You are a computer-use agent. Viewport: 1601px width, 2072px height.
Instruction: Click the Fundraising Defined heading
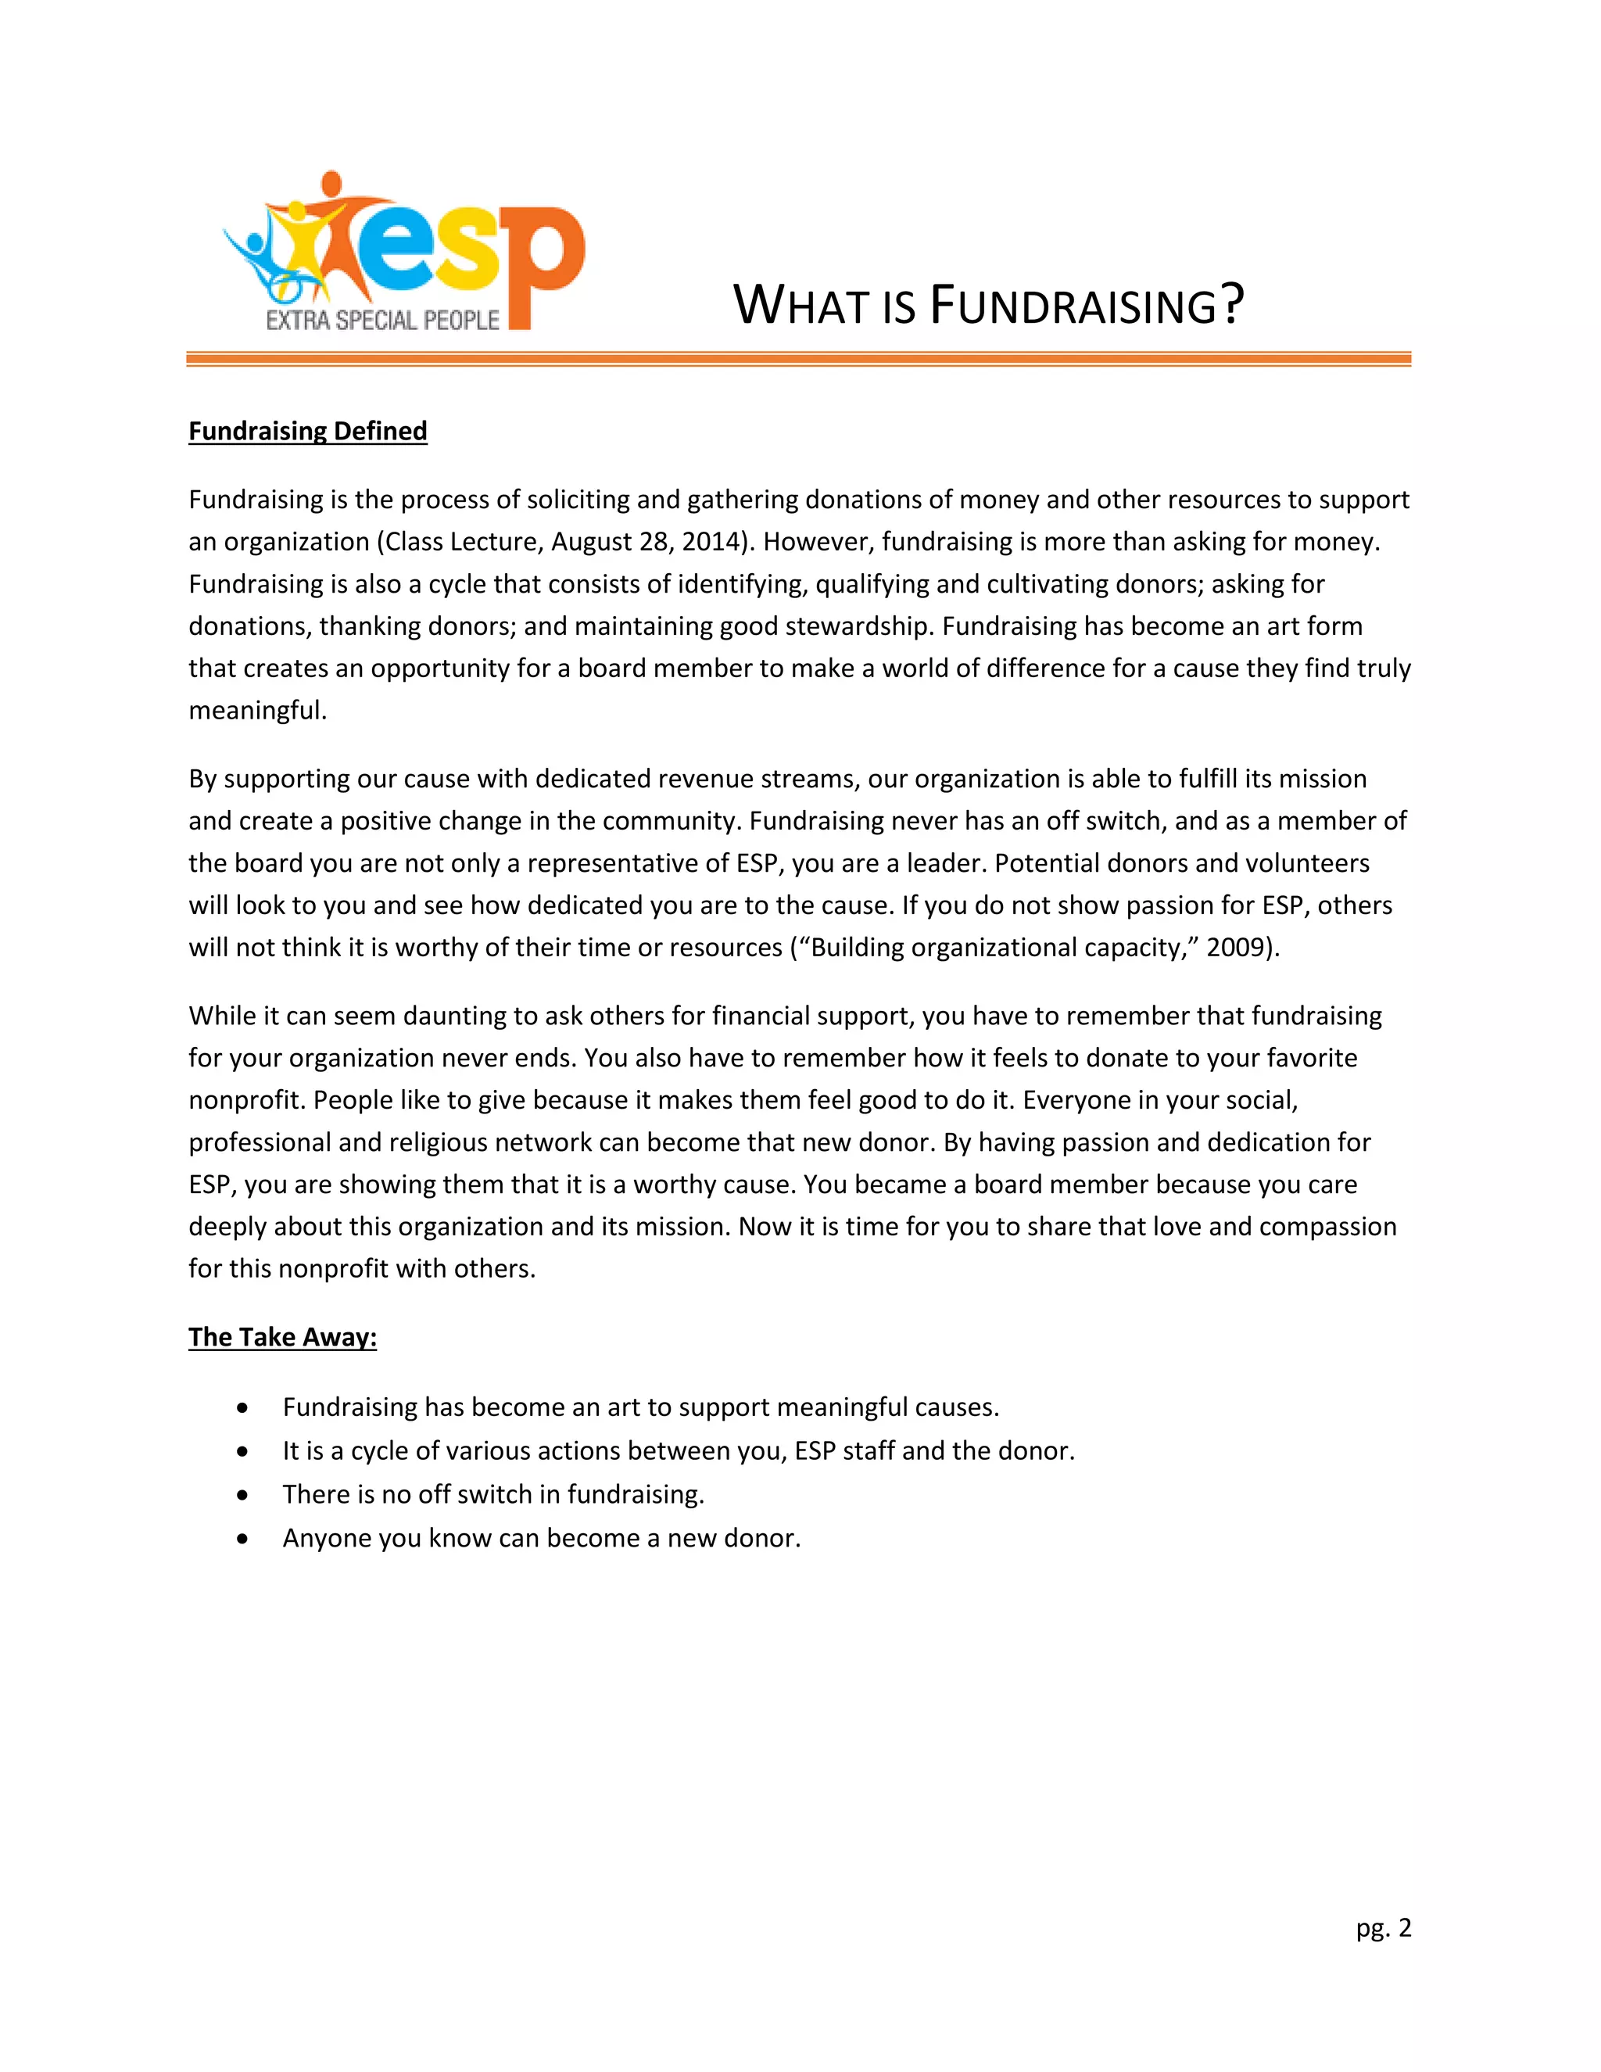click(x=307, y=432)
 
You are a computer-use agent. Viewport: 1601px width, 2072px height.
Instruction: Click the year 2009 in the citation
click(x=1237, y=948)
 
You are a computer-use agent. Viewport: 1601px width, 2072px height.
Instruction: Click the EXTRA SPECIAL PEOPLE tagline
click(x=381, y=321)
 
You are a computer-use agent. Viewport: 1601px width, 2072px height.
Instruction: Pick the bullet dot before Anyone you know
click(x=244, y=1539)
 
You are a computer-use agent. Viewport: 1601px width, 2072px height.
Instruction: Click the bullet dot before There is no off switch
click(x=244, y=1495)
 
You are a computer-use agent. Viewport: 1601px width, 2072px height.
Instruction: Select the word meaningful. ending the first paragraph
click(x=257, y=711)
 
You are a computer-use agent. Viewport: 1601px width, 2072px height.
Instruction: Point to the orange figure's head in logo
click(x=331, y=181)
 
